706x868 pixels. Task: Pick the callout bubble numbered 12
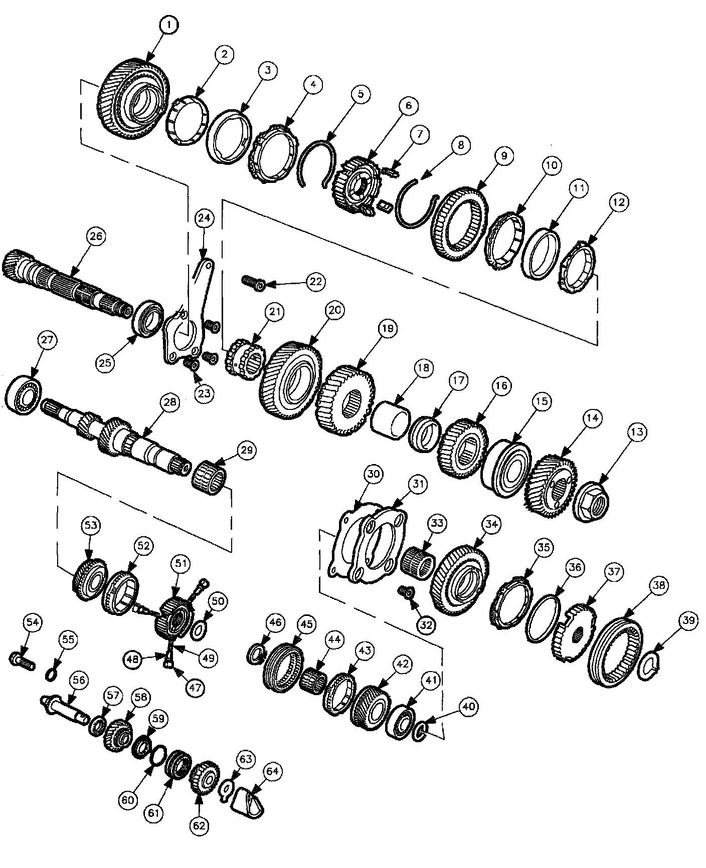[619, 202]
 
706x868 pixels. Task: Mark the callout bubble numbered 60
[128, 800]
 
